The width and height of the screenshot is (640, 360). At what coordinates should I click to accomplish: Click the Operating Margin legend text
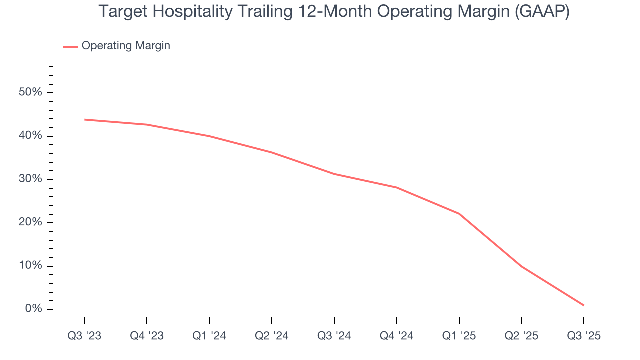click(x=126, y=46)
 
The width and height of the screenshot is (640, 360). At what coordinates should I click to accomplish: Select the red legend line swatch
click(x=70, y=46)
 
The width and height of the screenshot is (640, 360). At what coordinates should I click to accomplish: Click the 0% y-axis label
click(x=34, y=309)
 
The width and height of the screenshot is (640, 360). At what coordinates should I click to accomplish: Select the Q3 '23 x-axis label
click(x=84, y=336)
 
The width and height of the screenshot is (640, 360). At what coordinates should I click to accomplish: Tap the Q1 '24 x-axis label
click(x=209, y=336)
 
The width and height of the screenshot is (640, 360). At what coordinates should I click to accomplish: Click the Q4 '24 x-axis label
click(x=397, y=336)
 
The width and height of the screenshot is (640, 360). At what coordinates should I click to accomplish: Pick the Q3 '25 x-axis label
click(x=584, y=336)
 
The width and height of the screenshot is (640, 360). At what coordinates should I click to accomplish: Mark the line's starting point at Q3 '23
click(x=85, y=119)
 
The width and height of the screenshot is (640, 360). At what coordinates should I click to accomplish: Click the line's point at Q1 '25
click(x=459, y=214)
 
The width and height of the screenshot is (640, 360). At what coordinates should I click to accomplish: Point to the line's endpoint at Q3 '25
click(x=583, y=305)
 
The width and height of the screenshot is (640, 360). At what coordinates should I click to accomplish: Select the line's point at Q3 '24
click(x=334, y=174)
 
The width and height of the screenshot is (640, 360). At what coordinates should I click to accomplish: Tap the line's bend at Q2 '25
click(x=522, y=266)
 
